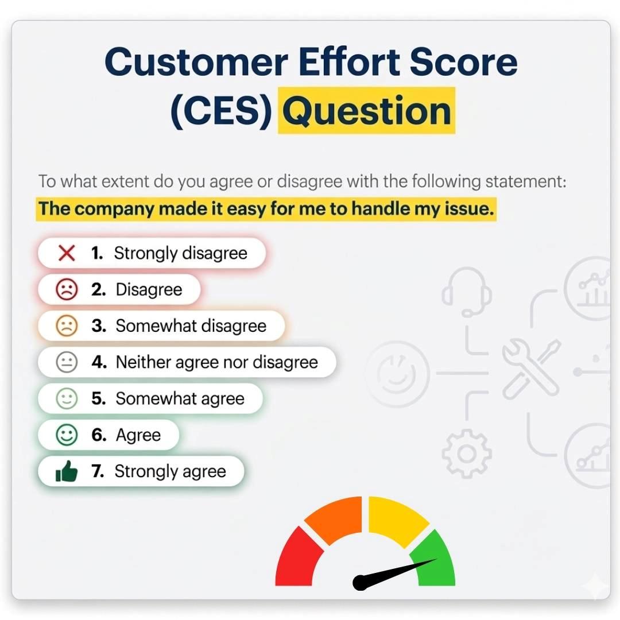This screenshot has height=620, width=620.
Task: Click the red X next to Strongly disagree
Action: point(67,253)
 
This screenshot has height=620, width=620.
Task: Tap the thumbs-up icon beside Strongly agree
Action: point(67,472)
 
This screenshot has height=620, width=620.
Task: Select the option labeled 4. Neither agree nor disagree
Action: point(187,362)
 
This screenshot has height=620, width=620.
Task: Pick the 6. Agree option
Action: point(109,435)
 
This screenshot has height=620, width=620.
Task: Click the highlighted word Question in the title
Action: point(366,111)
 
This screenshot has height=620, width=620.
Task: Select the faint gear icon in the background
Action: point(466,453)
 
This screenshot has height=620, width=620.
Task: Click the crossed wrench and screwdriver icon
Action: point(531,370)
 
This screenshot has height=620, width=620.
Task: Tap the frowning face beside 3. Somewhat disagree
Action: point(67,326)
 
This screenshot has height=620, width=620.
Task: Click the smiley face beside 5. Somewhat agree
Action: point(67,399)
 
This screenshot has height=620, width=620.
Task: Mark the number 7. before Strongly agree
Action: point(98,472)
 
